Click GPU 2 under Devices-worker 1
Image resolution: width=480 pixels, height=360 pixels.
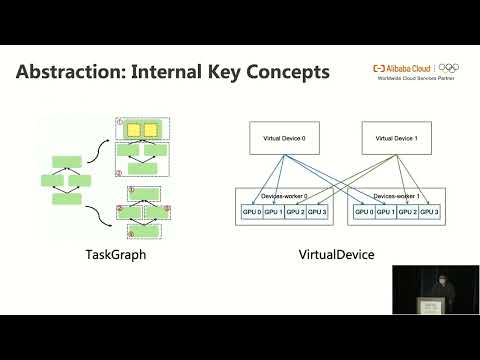[x=407, y=211]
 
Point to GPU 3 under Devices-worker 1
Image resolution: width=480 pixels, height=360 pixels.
[x=430, y=211]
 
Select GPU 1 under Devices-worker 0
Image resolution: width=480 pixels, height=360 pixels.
[x=273, y=211]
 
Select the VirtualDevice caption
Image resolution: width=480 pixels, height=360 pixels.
[x=337, y=256]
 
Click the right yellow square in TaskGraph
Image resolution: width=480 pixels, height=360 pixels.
[x=151, y=129]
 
